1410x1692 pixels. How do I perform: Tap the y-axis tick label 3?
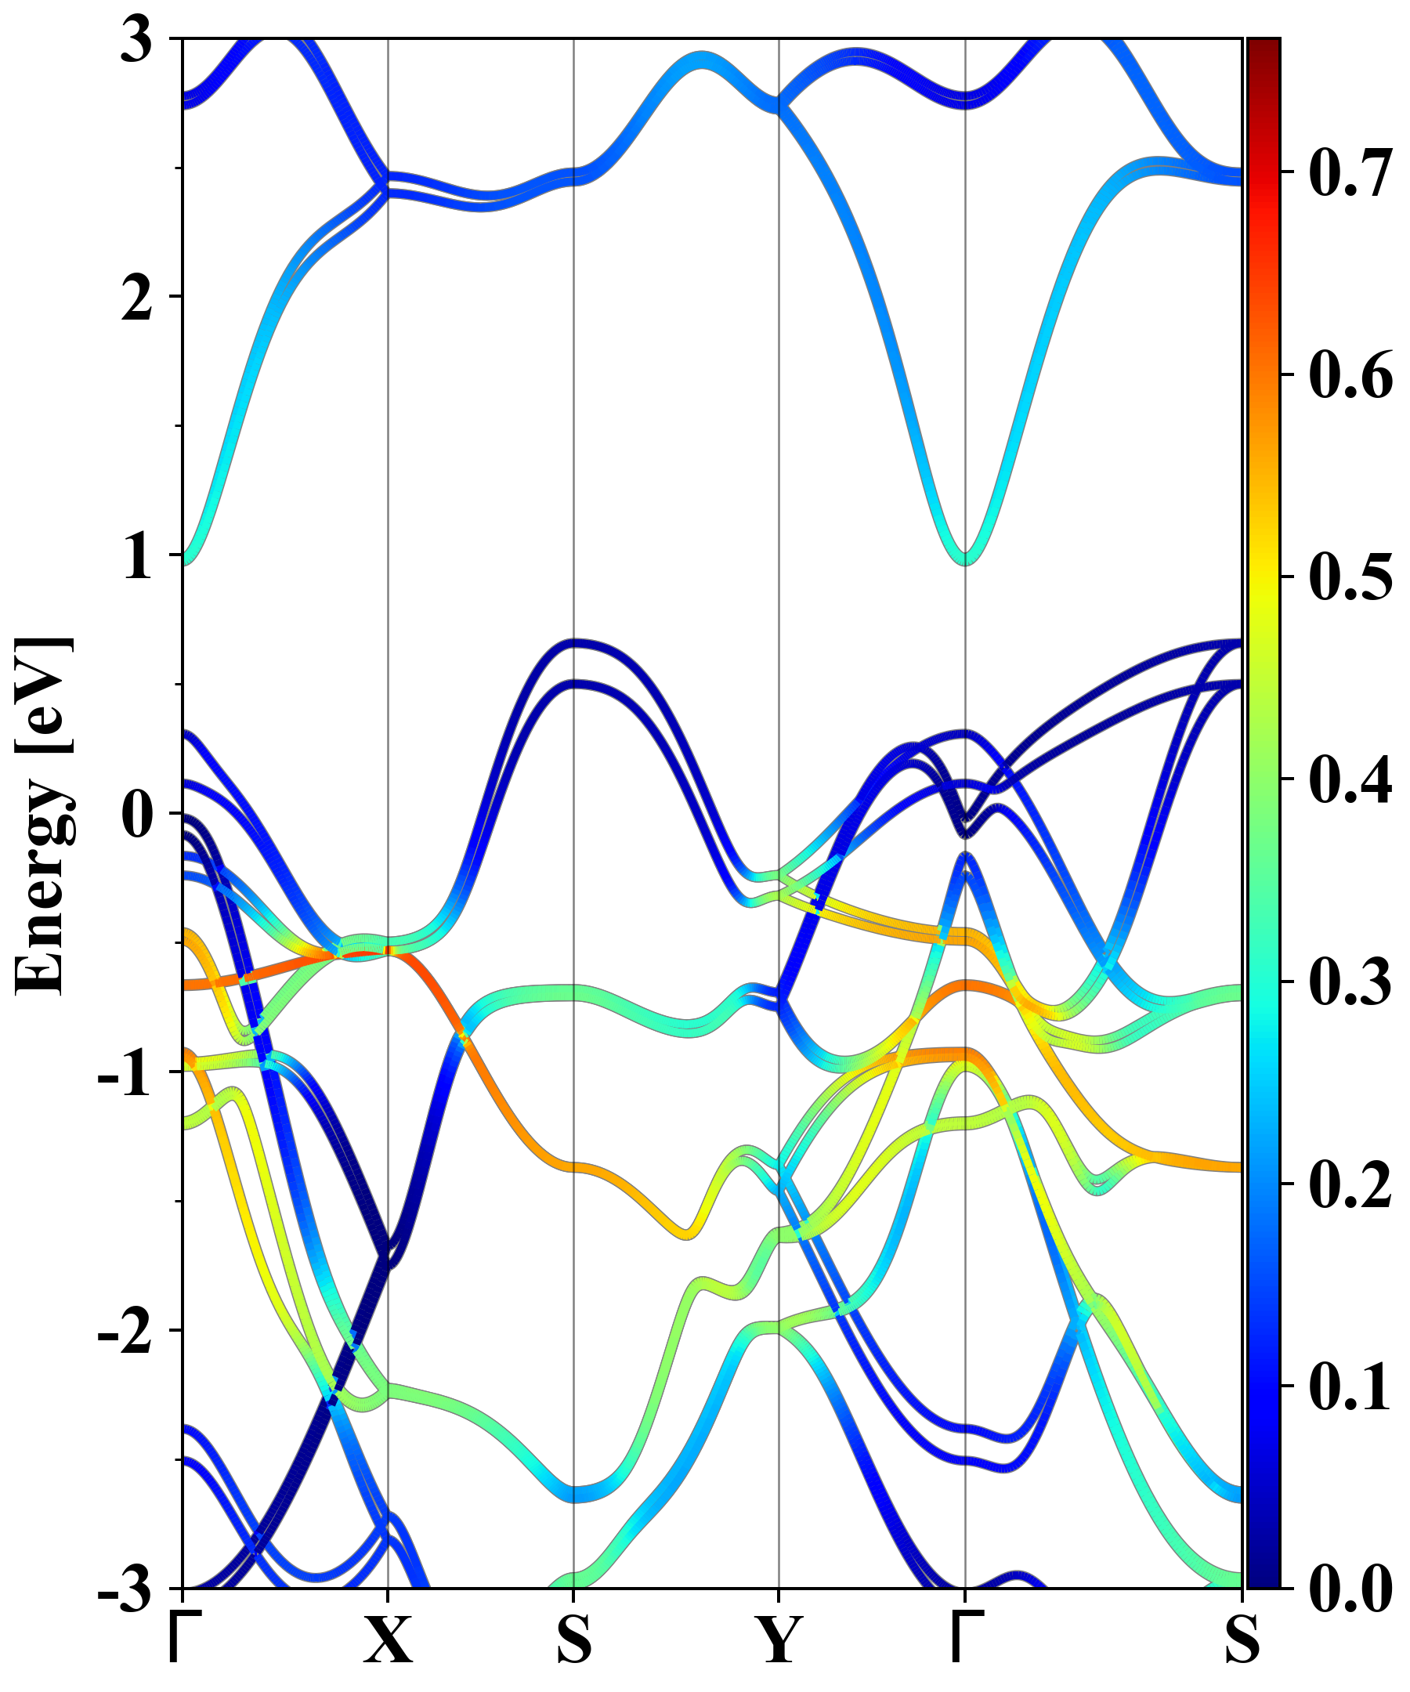point(136,40)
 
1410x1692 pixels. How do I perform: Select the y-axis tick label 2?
point(136,298)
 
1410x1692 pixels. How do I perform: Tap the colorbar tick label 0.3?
point(1350,982)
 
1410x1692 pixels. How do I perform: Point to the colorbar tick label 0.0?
point(1350,1588)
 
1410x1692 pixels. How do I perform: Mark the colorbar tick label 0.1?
point(1350,1386)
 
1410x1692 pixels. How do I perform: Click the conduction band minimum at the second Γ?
point(965,558)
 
